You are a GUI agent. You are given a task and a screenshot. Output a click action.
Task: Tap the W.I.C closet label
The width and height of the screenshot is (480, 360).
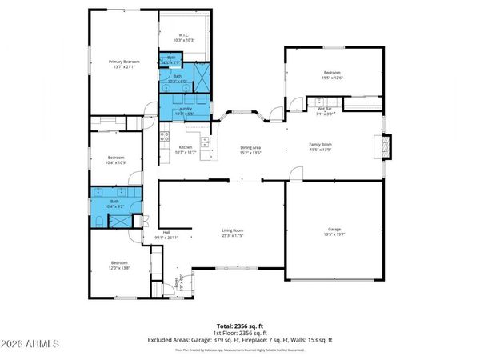(183, 36)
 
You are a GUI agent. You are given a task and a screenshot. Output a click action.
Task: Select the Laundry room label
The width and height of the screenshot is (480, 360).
(185, 108)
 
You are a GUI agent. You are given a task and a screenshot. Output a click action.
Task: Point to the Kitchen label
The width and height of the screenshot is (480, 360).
(185, 147)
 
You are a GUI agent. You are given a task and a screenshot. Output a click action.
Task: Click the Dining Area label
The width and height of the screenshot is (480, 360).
(251, 147)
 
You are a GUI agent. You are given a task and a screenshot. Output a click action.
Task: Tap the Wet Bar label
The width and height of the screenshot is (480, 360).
(324, 111)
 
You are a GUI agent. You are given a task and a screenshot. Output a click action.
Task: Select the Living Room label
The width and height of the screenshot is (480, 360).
(232, 232)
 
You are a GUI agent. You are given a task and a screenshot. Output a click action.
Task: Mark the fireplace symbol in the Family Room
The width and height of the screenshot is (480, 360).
(386, 146)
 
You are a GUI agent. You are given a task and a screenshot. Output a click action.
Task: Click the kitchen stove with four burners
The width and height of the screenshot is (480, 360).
(205, 142)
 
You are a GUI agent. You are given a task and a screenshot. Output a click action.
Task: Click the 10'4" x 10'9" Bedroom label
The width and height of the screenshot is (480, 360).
(116, 159)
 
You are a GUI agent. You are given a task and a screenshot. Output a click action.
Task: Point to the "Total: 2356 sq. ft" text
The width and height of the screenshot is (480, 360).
(239, 326)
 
